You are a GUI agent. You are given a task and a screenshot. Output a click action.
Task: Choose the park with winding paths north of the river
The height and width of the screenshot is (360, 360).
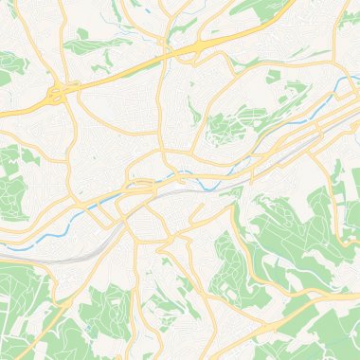(x=227, y=128)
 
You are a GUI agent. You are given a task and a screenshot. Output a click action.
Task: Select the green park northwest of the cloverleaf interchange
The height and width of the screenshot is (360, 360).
(x=13, y=66)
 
